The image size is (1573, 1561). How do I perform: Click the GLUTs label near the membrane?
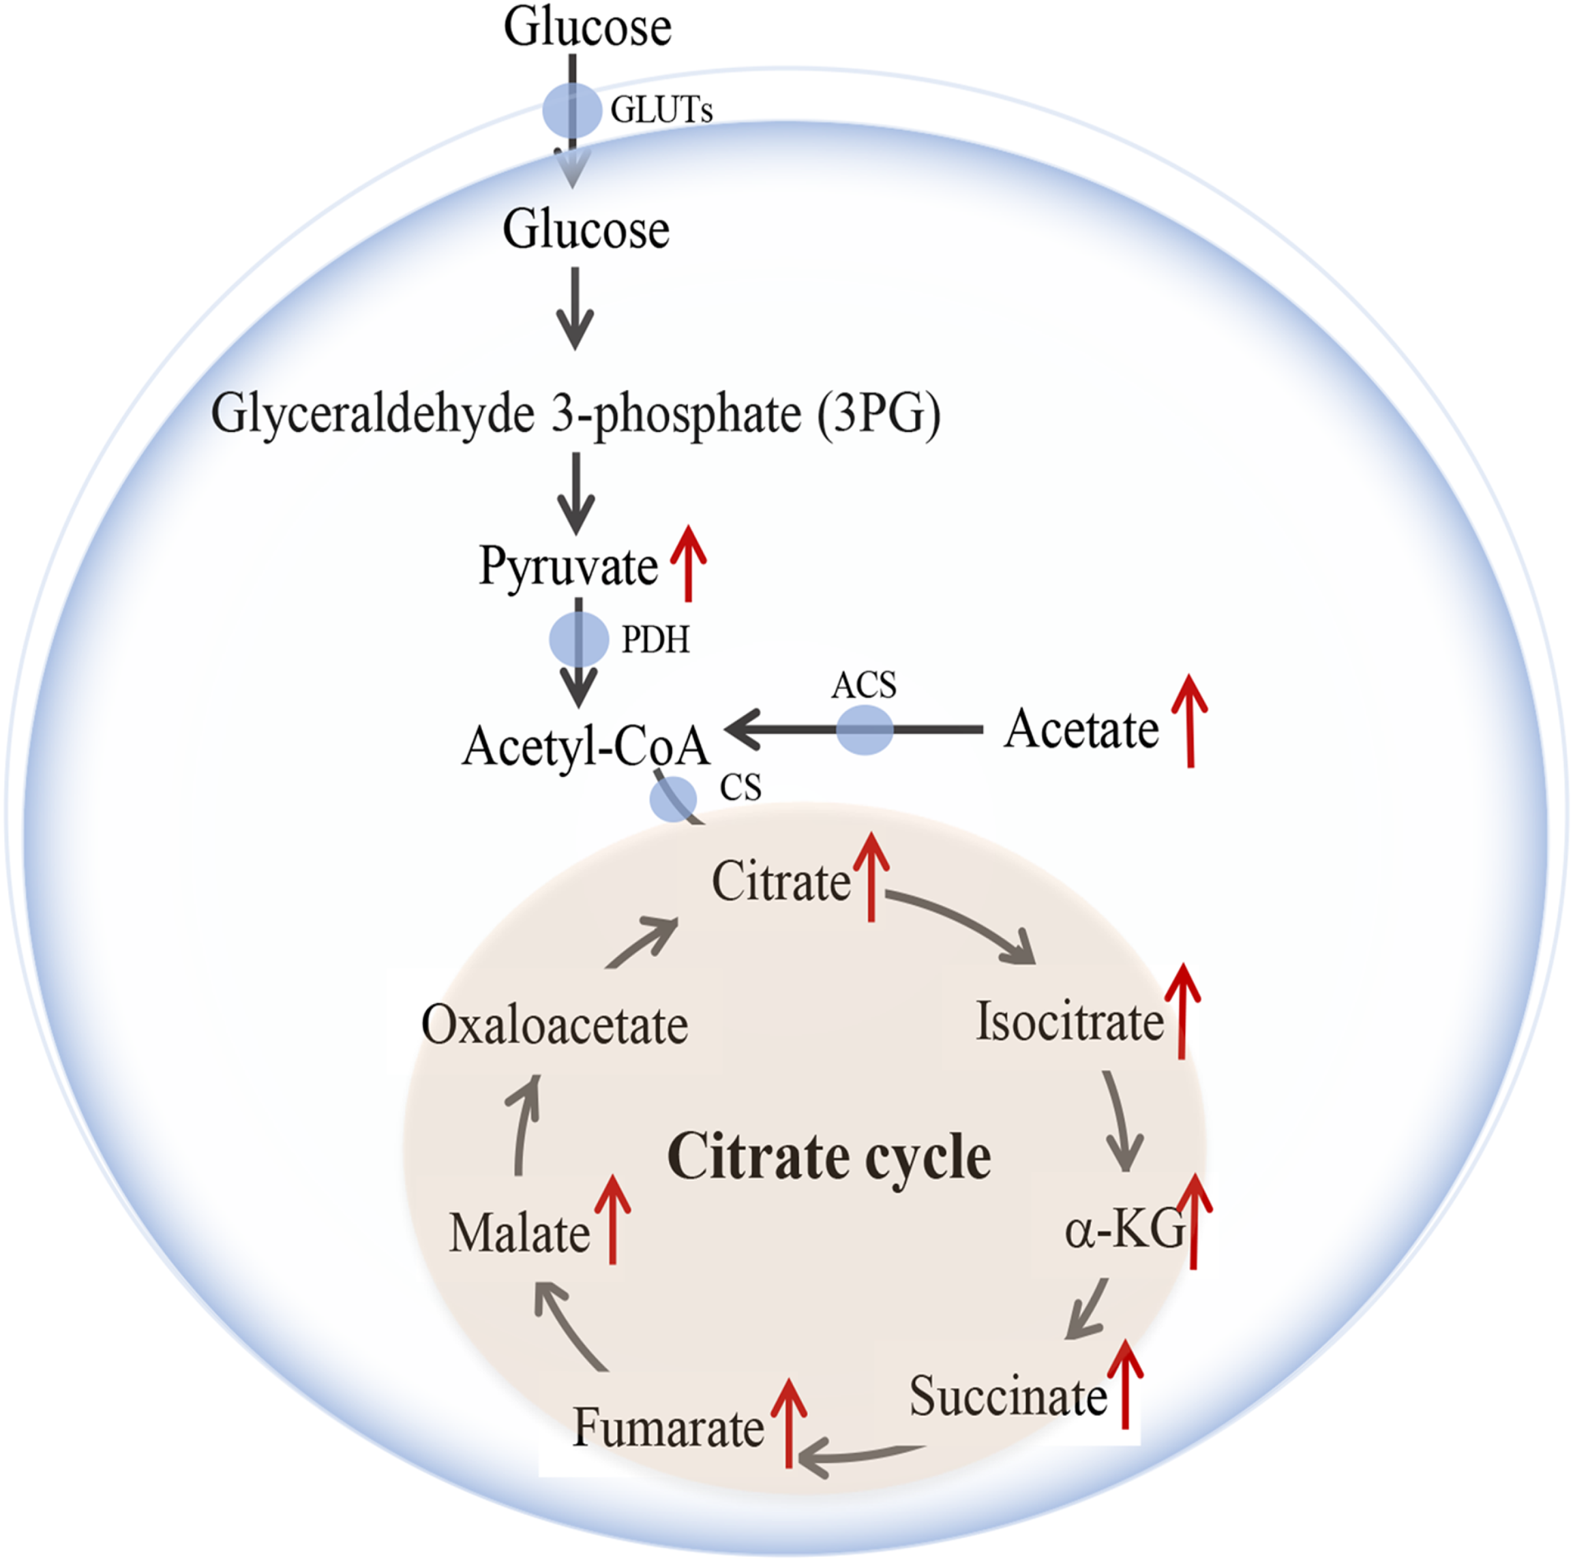pos(661,110)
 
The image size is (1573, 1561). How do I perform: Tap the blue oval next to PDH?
pos(579,639)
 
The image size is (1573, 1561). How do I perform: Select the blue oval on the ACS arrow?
pos(865,730)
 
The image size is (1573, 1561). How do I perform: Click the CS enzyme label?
pos(740,787)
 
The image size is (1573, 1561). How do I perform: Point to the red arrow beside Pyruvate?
pos(689,563)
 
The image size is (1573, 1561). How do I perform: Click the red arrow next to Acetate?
pos(1190,721)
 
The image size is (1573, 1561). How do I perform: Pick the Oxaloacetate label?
pos(554,1025)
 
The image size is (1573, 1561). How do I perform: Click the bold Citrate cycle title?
pos(829,1157)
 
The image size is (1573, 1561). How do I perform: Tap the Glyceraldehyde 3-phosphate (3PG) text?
pos(575,414)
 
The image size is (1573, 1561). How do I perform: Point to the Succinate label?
pos(1008,1396)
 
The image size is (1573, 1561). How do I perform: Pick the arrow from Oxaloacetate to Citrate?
pos(643,943)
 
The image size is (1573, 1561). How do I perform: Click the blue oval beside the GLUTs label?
pos(572,110)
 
